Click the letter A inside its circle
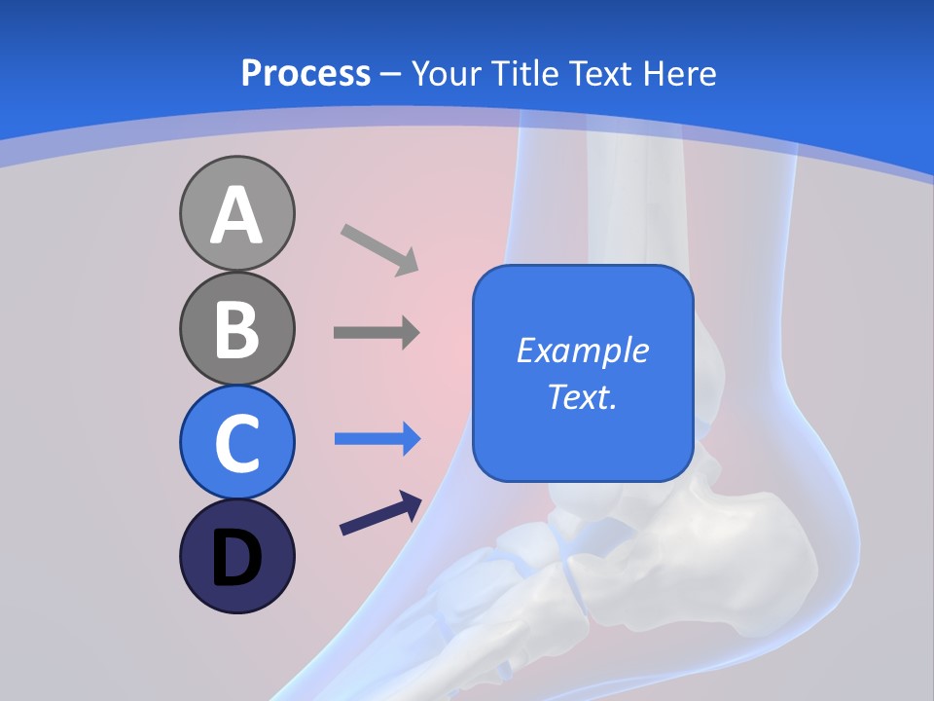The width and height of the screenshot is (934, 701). pyautogui.click(x=236, y=216)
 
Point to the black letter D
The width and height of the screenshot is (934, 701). pyautogui.click(x=236, y=559)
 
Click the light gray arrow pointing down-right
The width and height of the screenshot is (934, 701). pyautogui.click(x=378, y=249)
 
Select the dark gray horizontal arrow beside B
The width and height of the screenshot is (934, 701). pyautogui.click(x=376, y=333)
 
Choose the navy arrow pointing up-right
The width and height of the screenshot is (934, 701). pyautogui.click(x=379, y=514)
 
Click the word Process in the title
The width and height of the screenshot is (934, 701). pyautogui.click(x=305, y=73)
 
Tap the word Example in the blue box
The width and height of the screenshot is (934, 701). pyautogui.click(x=582, y=350)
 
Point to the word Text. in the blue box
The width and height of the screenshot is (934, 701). pyautogui.click(x=582, y=397)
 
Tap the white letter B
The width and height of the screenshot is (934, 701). pyautogui.click(x=236, y=330)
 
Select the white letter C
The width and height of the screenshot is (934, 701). pyautogui.click(x=236, y=444)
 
